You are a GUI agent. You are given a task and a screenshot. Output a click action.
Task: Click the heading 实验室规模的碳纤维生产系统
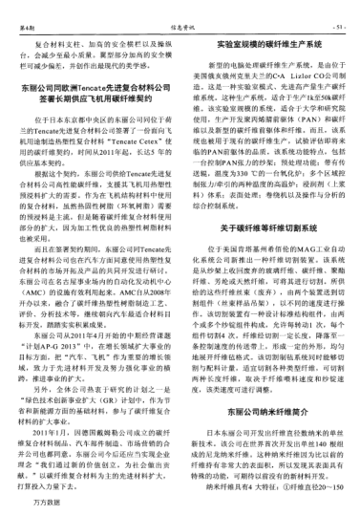click(268, 45)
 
